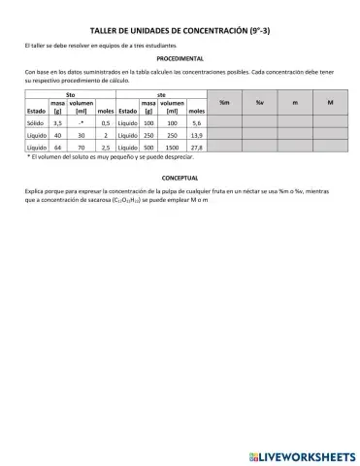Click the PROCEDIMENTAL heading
179,60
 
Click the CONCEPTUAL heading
179,181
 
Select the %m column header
224,102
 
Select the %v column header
261,102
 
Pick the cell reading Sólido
36,123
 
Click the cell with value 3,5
58,123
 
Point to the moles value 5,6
197,123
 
